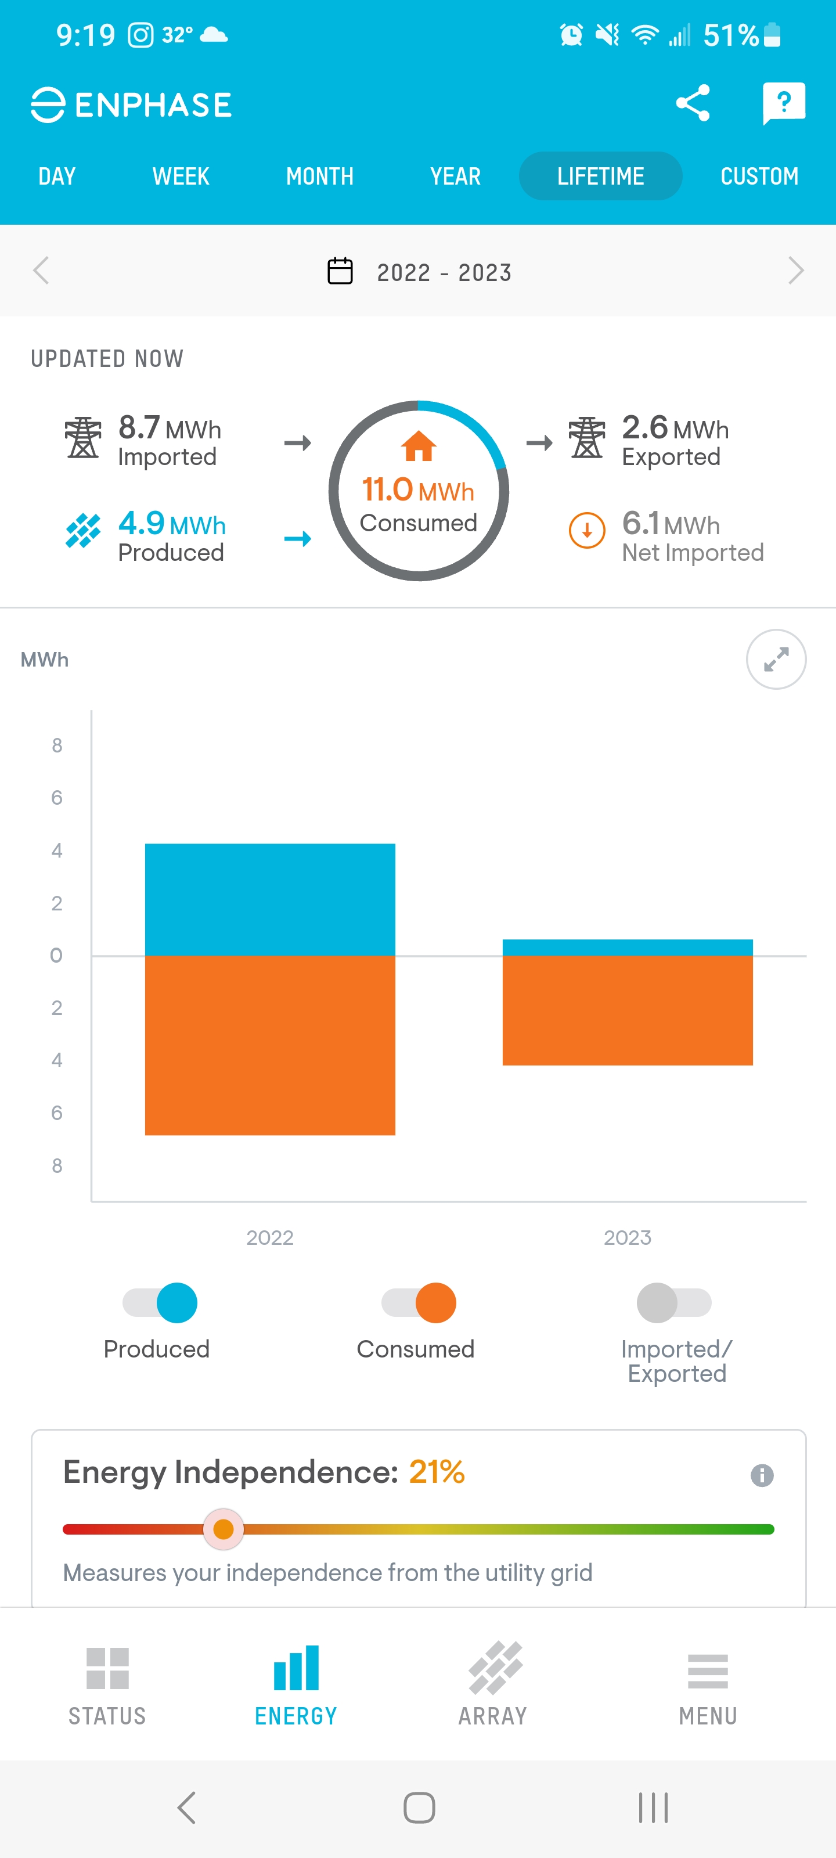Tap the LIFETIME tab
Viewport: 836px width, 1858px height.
tap(600, 176)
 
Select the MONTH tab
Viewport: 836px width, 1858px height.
tap(319, 176)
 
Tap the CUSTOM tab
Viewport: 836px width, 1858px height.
tap(759, 176)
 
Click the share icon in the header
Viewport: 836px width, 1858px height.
tap(693, 103)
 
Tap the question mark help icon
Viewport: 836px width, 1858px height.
tap(783, 103)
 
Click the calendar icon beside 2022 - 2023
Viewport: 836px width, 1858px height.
tap(340, 271)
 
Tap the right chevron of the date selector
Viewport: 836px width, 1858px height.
tap(795, 271)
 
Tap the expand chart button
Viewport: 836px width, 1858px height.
tap(776, 659)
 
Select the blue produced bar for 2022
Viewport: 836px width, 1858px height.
tap(270, 899)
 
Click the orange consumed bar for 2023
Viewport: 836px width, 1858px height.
tap(627, 1010)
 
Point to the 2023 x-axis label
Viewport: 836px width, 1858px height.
tap(627, 1238)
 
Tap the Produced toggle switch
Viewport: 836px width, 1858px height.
tap(160, 1302)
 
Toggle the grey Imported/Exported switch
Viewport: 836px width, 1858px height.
tap(673, 1302)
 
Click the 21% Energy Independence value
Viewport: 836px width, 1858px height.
tap(437, 1472)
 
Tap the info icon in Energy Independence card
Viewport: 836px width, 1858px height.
tap(762, 1475)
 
